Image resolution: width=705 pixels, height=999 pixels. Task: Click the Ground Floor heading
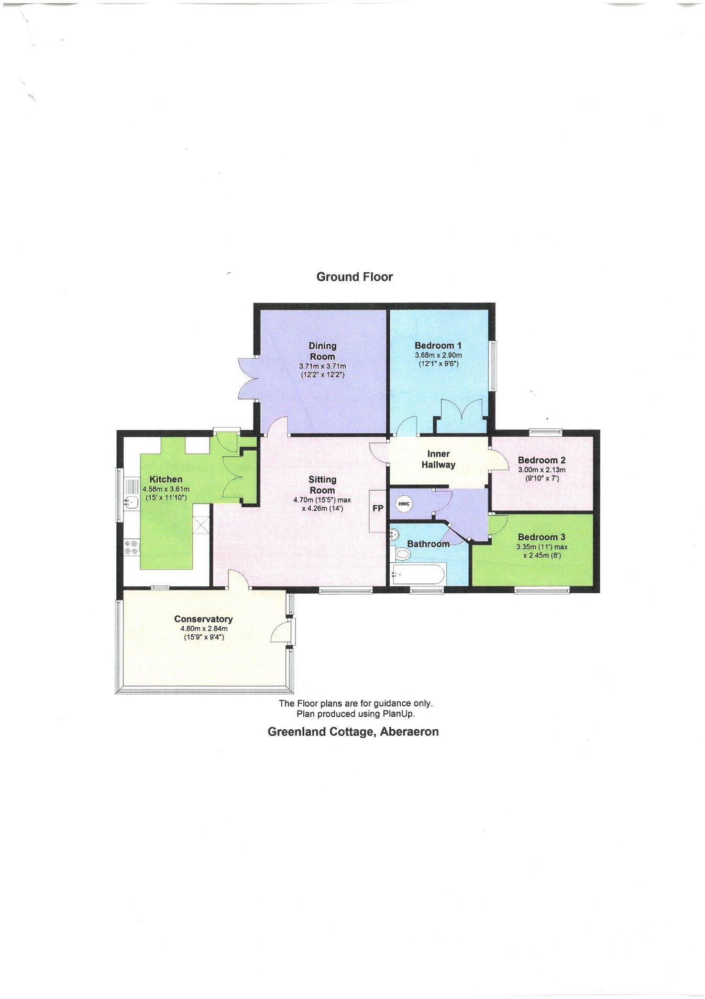point(354,277)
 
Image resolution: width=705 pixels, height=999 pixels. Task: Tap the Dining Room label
point(322,351)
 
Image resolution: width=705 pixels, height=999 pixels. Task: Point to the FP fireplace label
point(378,508)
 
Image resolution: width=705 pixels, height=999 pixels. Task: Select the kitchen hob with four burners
point(131,547)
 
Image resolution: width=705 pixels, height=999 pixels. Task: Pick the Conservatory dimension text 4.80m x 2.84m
point(203,629)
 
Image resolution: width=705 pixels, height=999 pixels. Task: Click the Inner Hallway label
point(438,459)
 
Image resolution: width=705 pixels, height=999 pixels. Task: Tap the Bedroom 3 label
point(541,537)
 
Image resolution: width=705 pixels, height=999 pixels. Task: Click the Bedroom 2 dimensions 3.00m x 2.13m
point(542,470)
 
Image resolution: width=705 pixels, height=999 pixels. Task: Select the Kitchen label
point(166,479)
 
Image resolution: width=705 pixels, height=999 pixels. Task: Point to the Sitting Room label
point(322,485)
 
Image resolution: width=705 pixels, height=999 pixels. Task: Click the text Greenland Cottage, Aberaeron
point(353,732)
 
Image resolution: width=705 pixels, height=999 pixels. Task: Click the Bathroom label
point(428,544)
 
